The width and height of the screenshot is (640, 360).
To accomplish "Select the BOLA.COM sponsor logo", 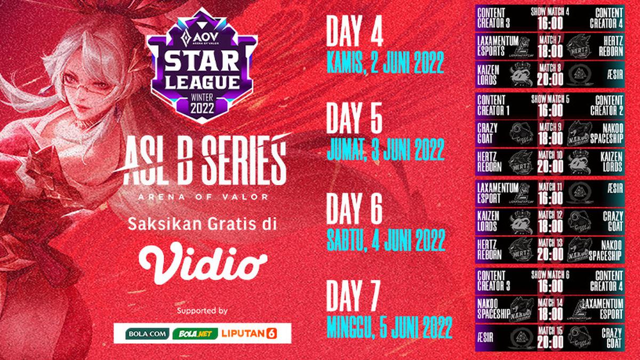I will (x=142, y=333).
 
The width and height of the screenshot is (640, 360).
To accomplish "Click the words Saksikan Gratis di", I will (x=202, y=226).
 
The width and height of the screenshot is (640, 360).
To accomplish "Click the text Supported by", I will (x=202, y=310).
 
